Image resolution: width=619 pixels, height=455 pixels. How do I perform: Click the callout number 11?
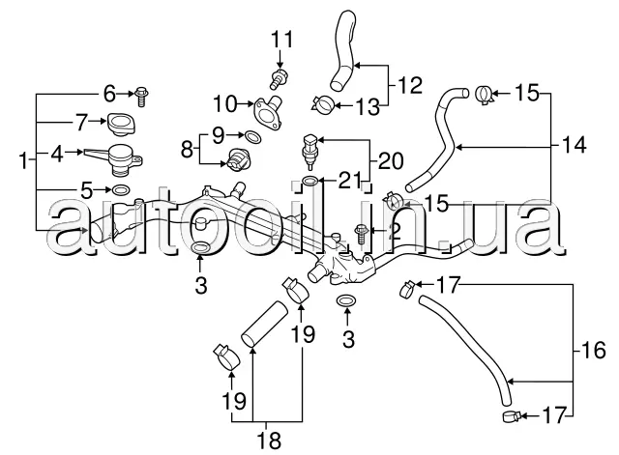[x=281, y=40]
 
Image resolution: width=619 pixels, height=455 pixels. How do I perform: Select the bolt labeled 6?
[x=142, y=97]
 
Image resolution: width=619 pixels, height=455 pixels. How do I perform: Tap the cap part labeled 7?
[x=121, y=125]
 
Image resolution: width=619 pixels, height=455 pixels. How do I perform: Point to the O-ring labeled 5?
[x=120, y=190]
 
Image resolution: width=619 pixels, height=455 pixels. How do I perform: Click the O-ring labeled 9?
[x=253, y=137]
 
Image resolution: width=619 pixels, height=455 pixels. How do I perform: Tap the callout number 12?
[x=410, y=85]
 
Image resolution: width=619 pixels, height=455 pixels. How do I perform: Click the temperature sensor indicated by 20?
[x=309, y=152]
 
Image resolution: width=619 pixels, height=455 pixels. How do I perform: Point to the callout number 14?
[x=575, y=145]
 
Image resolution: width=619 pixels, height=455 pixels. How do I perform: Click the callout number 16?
[x=593, y=350]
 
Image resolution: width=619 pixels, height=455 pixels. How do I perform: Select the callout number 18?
[x=269, y=440]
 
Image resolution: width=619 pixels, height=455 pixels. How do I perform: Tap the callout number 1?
[x=23, y=161]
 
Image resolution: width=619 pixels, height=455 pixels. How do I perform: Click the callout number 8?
[x=187, y=150]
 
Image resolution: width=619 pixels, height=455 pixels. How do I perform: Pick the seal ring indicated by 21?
[x=310, y=181]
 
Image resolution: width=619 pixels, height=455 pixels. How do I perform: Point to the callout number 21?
[x=350, y=181]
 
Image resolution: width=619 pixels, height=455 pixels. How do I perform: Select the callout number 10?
[x=225, y=104]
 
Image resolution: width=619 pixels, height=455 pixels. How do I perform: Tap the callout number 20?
[x=391, y=161]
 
